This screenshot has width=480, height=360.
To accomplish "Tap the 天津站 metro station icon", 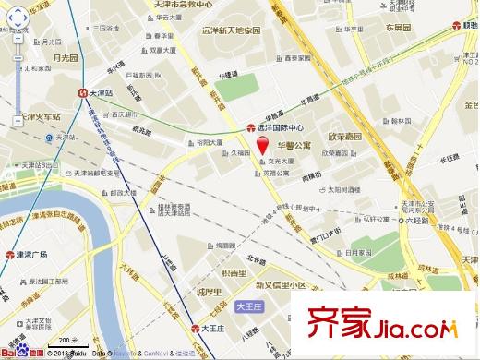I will [84, 93].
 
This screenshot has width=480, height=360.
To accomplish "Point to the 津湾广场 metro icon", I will [8, 255].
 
